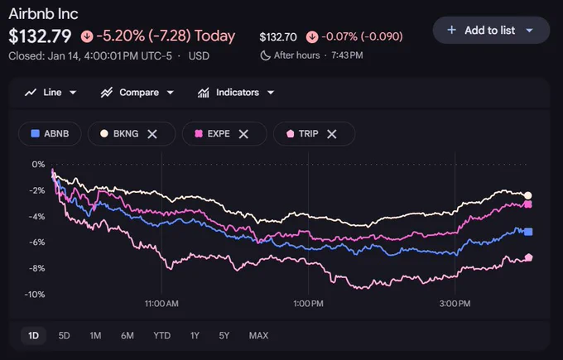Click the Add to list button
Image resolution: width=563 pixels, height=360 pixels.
tap(491, 30)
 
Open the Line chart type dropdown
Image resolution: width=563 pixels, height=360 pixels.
tap(51, 93)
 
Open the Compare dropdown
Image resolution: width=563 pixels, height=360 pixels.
tap(137, 93)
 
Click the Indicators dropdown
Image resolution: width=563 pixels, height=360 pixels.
tap(236, 93)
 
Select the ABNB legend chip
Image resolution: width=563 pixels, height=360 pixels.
tap(50, 134)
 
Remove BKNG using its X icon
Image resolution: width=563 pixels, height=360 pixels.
tap(152, 134)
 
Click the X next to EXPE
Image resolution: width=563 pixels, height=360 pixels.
tap(243, 134)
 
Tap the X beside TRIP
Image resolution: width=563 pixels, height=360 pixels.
tap(332, 134)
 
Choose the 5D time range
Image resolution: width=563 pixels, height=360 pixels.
tap(64, 336)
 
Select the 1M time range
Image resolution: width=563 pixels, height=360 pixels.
tap(95, 336)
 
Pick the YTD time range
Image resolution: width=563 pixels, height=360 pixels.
tap(162, 336)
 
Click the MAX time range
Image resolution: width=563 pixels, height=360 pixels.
tap(258, 336)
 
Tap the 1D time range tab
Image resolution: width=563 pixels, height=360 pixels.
tap(33, 336)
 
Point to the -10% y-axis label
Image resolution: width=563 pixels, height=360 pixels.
tap(35, 295)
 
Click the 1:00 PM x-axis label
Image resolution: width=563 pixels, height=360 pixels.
tap(308, 304)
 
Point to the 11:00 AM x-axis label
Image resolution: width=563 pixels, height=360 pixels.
tap(161, 304)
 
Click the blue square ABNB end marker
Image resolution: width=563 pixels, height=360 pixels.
tap(528, 232)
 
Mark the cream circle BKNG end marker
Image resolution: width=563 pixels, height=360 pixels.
tap(528, 195)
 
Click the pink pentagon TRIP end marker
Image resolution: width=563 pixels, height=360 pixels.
tap(528, 257)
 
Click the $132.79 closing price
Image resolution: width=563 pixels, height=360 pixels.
tap(40, 36)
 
